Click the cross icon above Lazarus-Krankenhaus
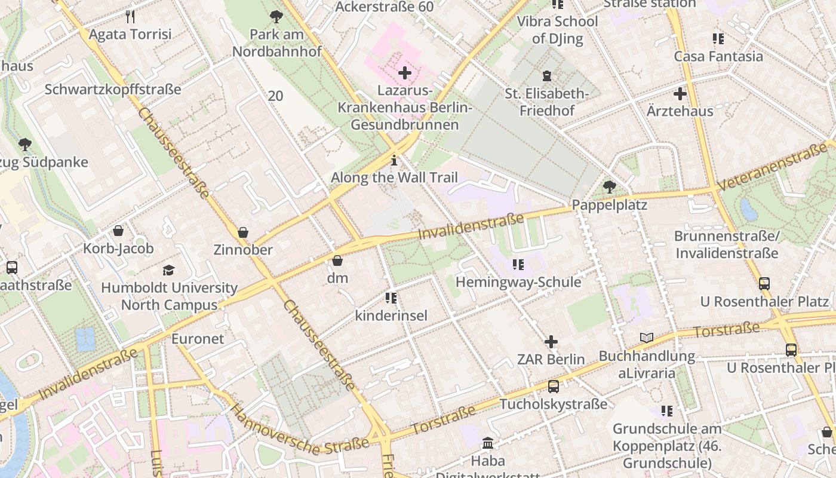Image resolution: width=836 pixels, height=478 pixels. (405, 73)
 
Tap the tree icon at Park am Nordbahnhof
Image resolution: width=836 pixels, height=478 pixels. (276, 17)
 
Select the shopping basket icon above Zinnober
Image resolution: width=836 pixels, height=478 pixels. (243, 232)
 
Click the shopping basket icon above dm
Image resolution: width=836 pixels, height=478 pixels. (337, 261)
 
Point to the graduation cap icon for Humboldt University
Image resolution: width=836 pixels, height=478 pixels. (169, 271)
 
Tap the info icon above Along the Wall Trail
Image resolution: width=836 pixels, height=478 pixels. (394, 160)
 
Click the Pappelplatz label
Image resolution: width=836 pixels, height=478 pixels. (609, 205)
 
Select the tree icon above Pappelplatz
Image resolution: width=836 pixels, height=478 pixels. (609, 187)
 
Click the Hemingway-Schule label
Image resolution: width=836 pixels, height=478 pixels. (518, 282)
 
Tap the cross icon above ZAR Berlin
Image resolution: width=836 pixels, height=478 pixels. (551, 342)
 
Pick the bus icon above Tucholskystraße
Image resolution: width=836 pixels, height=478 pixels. (554, 387)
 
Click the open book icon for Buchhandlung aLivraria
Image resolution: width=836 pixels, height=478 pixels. (647, 338)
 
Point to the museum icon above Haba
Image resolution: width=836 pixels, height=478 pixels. (488, 443)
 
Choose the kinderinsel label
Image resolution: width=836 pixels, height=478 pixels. (391, 315)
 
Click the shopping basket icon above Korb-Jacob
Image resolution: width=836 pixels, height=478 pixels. (118, 231)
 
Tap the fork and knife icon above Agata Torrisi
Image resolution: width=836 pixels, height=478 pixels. (130, 16)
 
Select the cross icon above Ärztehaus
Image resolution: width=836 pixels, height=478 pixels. (680, 94)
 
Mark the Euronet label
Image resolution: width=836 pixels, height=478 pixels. (198, 339)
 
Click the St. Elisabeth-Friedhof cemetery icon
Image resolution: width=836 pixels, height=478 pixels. (546, 76)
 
